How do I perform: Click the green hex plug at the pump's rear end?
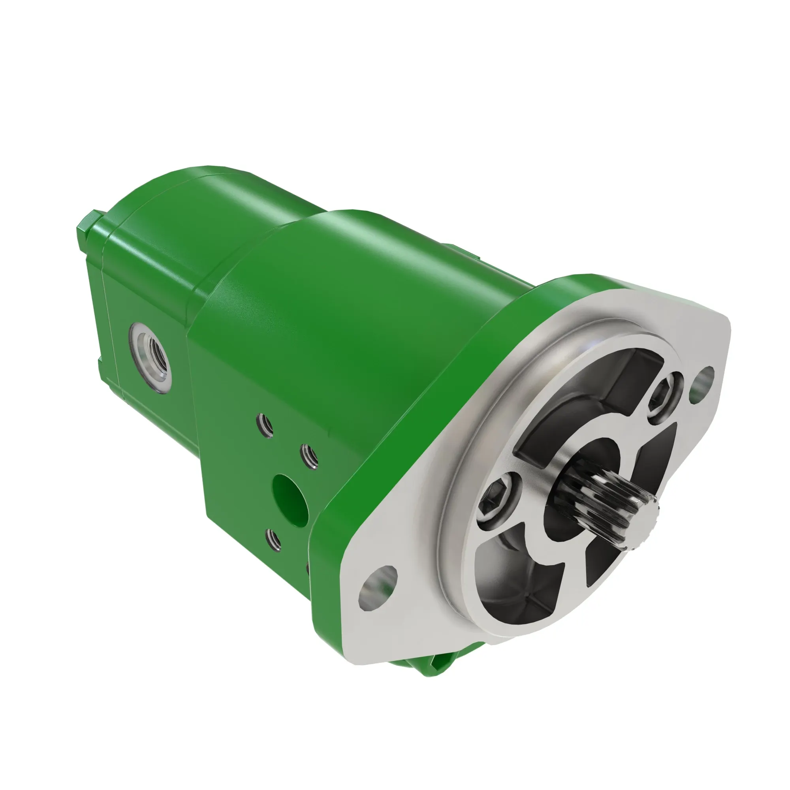click(88, 229)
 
